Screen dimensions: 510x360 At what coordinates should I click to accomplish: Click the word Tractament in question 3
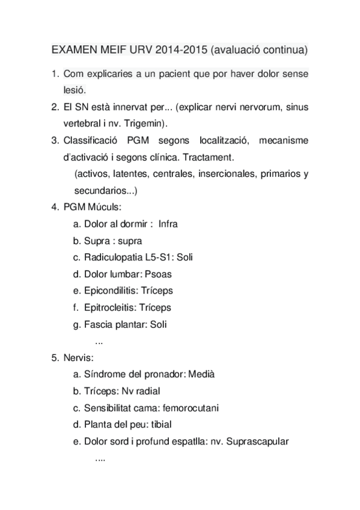[209, 157]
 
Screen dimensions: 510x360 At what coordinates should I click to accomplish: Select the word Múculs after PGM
[105, 207]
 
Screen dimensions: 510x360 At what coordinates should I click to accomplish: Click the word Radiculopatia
[113, 257]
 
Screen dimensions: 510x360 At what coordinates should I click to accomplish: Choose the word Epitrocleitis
[111, 307]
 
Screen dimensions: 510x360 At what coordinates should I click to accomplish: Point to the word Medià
[201, 374]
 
